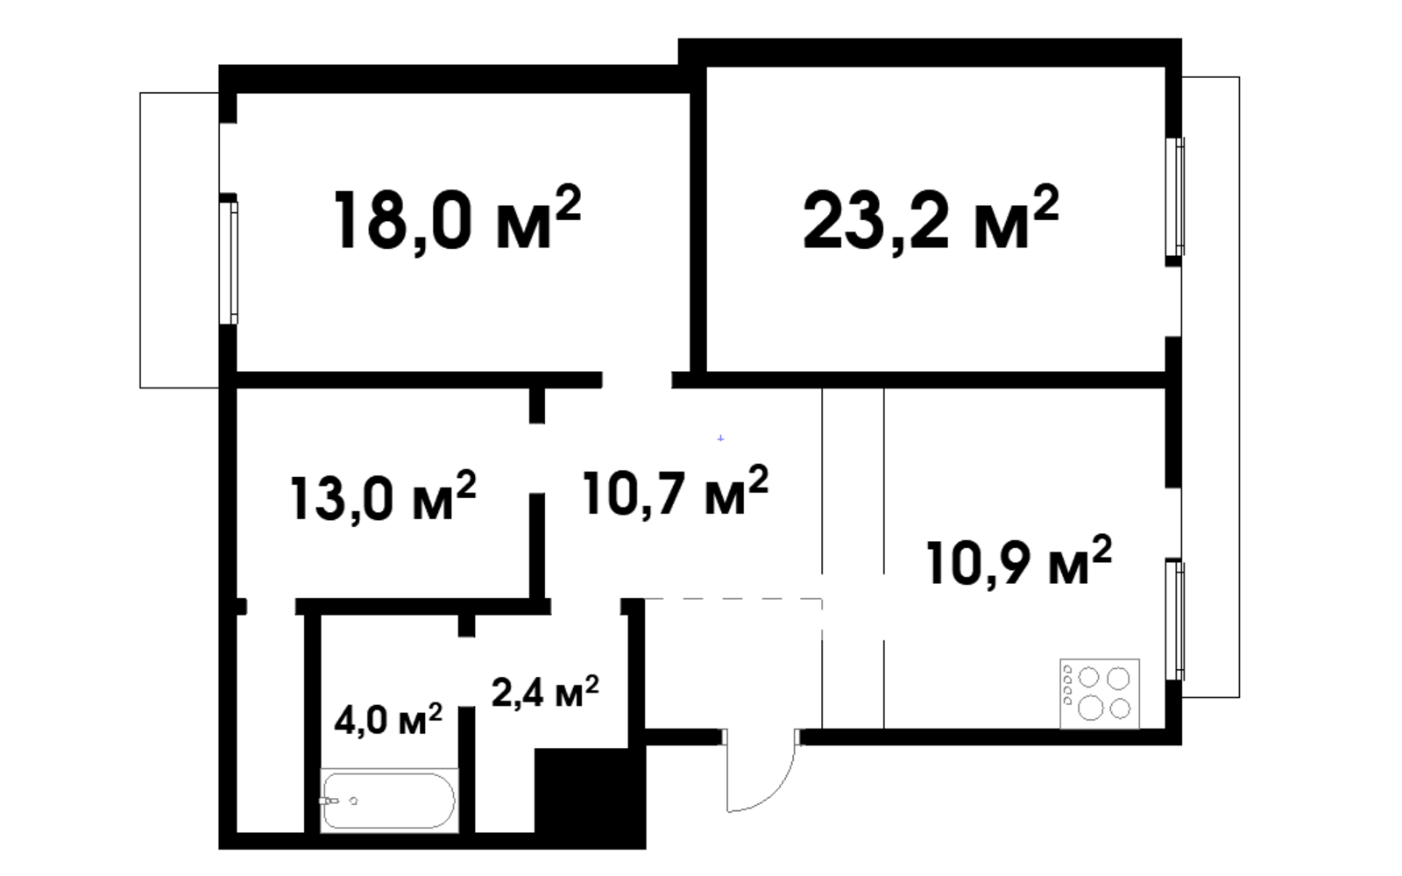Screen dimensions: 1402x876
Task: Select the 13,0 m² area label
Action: point(383,497)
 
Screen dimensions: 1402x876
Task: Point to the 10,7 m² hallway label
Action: point(676,492)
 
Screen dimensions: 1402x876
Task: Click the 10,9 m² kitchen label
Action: point(1019,562)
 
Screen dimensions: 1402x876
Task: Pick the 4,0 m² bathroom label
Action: point(388,719)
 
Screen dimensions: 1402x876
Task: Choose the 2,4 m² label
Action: point(545,692)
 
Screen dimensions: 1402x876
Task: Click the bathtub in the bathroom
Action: point(389,801)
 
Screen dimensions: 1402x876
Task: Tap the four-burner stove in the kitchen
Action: point(1100,694)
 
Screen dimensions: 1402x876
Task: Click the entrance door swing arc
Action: point(776,794)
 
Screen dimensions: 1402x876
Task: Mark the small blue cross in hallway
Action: point(720,438)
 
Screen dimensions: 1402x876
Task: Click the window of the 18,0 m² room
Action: point(229,263)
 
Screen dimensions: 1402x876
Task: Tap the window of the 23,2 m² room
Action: point(1175,197)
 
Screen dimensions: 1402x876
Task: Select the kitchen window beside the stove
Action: point(1175,620)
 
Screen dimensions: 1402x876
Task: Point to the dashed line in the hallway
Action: point(733,599)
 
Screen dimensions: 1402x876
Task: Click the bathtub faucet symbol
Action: point(329,801)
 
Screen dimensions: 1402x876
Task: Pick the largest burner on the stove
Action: point(1090,709)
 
